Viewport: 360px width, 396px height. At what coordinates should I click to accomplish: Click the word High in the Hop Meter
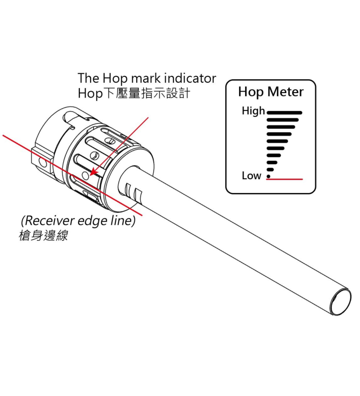pyautogui.click(x=253, y=111)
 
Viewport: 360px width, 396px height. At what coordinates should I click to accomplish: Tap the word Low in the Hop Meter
pyautogui.click(x=251, y=176)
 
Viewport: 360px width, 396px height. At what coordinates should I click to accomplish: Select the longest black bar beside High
pyautogui.click(x=284, y=112)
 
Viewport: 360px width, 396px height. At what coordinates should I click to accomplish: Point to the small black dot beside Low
pyautogui.click(x=268, y=176)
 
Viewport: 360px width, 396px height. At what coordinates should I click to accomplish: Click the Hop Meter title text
pyautogui.click(x=270, y=92)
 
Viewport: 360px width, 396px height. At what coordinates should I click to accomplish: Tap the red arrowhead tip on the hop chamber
pyautogui.click(x=93, y=173)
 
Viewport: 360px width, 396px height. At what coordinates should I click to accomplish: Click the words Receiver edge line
pyautogui.click(x=78, y=221)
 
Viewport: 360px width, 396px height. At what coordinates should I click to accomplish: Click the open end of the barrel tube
pyautogui.click(x=342, y=301)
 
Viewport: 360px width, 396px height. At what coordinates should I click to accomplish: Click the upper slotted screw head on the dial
pyautogui.click(x=111, y=143)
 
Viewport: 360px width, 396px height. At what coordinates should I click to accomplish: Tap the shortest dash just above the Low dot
pyautogui.click(x=270, y=169)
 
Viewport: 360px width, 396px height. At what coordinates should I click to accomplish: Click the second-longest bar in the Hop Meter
pyautogui.click(x=283, y=119)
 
